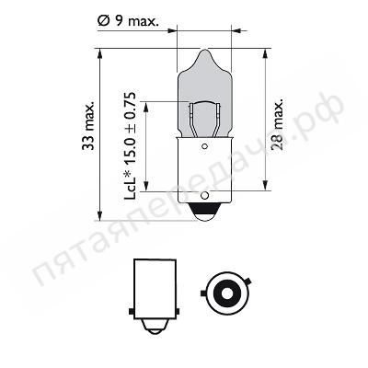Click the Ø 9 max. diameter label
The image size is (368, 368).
click(128, 21)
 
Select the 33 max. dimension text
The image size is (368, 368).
click(88, 125)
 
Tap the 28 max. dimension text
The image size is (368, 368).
click(277, 124)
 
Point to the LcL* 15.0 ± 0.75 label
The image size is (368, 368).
click(130, 146)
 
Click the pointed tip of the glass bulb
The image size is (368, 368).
click(203, 51)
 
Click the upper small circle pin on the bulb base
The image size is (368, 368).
click(204, 146)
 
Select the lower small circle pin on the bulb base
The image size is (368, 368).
click(204, 195)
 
